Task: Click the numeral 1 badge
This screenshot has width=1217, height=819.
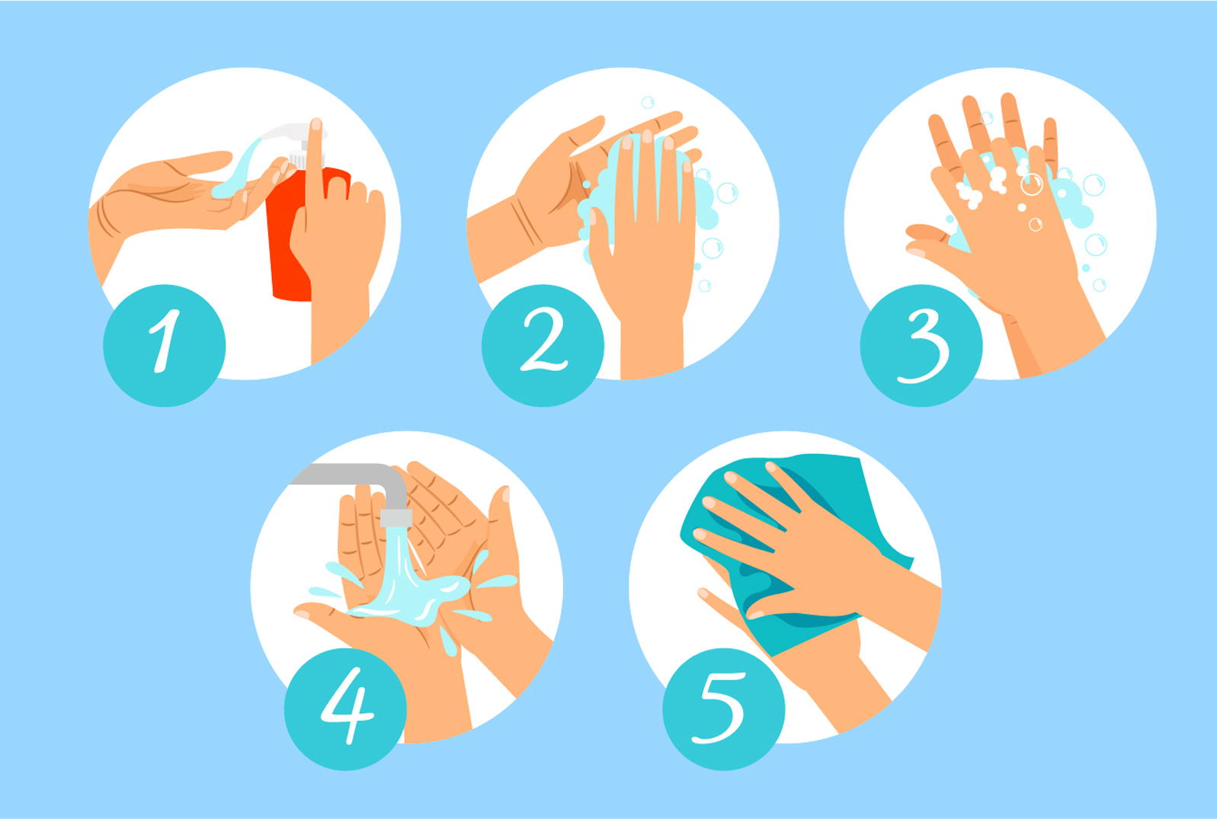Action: click(x=164, y=345)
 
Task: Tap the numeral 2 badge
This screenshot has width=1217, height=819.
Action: click(x=543, y=345)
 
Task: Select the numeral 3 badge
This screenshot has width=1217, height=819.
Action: click(x=921, y=345)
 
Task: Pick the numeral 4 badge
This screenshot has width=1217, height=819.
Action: click(x=345, y=709)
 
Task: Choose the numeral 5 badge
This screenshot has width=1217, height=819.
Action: click(x=724, y=709)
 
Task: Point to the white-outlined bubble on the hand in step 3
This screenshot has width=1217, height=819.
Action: click(x=1031, y=184)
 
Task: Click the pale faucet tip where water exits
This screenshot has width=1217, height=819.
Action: click(x=396, y=517)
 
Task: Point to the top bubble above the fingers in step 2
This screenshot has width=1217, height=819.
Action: click(x=648, y=102)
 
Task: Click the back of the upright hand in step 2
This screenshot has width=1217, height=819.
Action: click(x=644, y=261)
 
